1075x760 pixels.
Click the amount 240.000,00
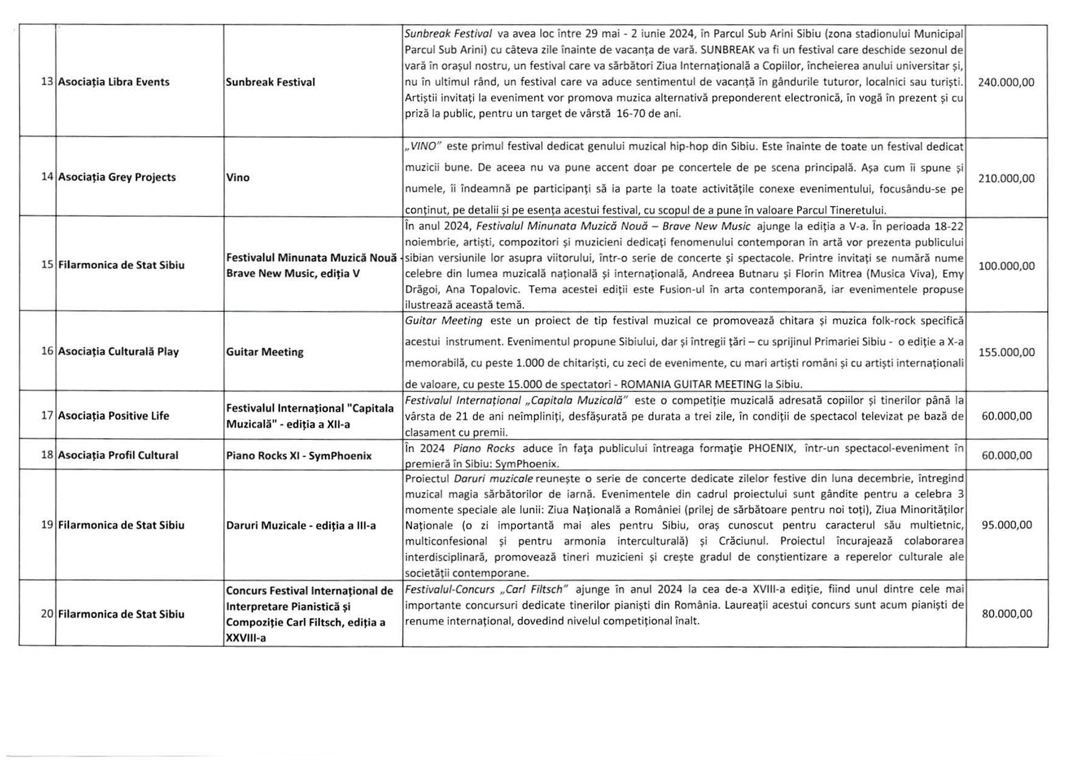(1006, 82)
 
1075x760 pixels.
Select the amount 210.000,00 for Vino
(1006, 178)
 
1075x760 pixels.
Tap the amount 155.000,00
(1006, 352)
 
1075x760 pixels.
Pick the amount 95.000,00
(1006, 525)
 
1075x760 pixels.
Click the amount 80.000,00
(1006, 613)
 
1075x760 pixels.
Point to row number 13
(47, 82)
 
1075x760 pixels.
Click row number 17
(47, 415)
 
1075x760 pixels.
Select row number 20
(47, 613)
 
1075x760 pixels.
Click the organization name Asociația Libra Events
(113, 82)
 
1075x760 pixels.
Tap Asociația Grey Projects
(117, 177)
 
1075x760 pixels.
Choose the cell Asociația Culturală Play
(118, 352)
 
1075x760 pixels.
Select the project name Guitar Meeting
(264, 352)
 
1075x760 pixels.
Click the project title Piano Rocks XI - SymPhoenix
(299, 456)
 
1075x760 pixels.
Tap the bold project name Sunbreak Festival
(270, 82)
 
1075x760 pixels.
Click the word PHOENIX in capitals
(771, 448)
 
